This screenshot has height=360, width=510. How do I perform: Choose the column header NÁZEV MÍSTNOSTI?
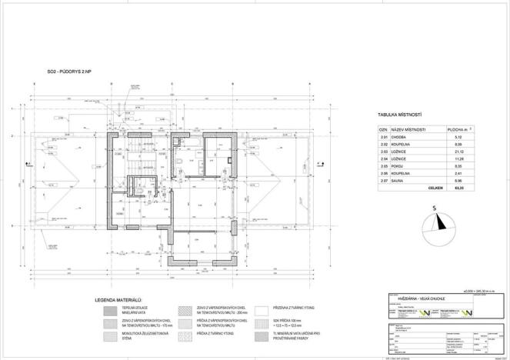point(409,130)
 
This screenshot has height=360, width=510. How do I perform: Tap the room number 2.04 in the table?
point(384,159)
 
